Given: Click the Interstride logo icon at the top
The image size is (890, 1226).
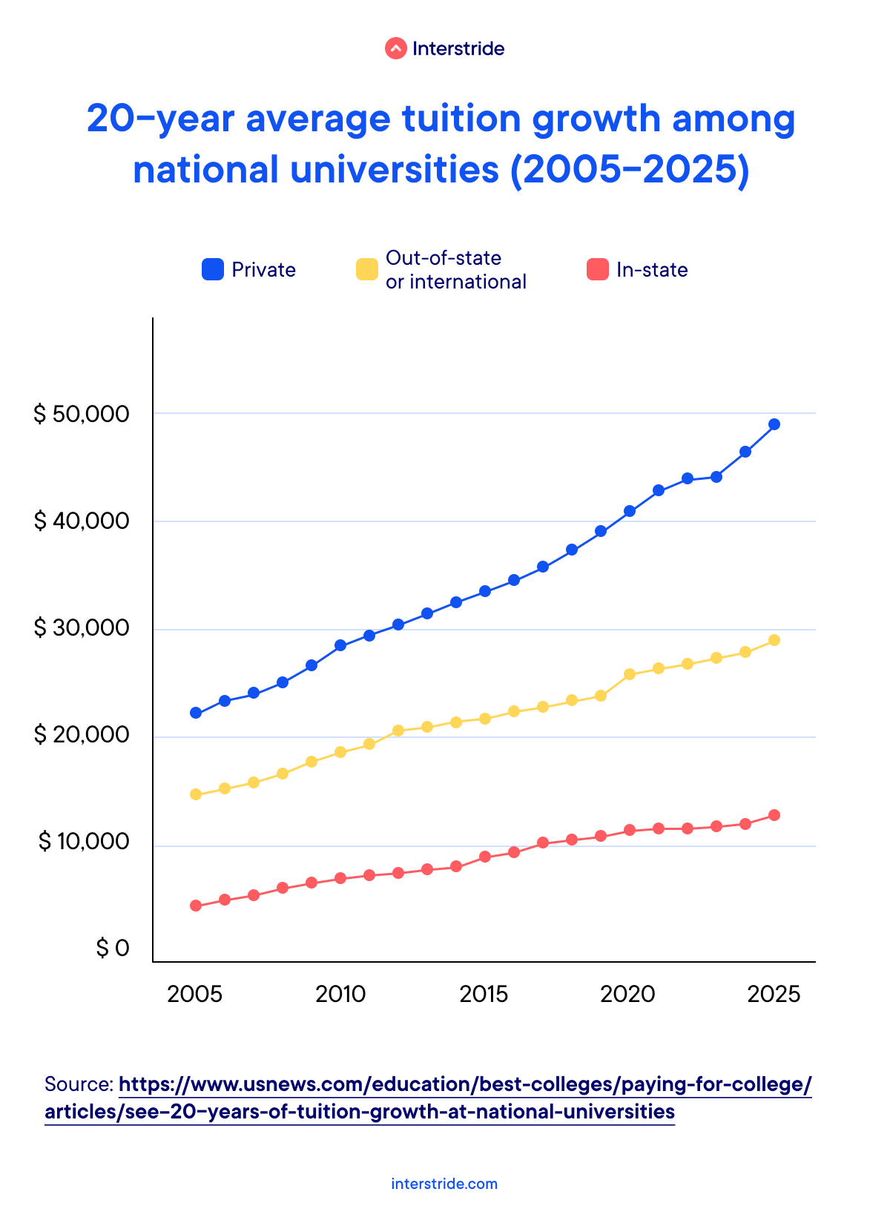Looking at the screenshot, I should pyautogui.click(x=395, y=49).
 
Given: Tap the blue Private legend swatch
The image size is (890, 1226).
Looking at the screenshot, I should pyautogui.click(x=213, y=269).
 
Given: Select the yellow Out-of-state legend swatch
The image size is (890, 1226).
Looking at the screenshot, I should pyautogui.click(x=367, y=269).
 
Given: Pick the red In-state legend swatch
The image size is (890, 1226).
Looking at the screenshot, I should pyautogui.click(x=598, y=269).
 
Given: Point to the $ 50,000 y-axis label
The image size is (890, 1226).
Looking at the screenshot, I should pyautogui.click(x=82, y=414).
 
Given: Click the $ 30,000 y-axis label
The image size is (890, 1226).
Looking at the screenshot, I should pyautogui.click(x=82, y=628).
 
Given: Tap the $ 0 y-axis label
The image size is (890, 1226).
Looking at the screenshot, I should pyautogui.click(x=113, y=949).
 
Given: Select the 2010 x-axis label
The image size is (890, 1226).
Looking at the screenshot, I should pyautogui.click(x=340, y=994).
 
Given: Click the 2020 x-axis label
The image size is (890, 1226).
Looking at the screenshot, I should pyautogui.click(x=628, y=994).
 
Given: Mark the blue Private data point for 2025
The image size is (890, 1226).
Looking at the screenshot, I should pyautogui.click(x=774, y=424).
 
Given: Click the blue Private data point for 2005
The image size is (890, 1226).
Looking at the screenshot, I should pyautogui.click(x=196, y=713).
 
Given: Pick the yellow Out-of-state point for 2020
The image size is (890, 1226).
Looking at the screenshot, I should pyautogui.click(x=630, y=674).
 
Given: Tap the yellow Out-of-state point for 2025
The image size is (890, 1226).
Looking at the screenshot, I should pyautogui.click(x=774, y=640).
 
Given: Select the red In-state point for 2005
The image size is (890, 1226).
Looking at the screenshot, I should pyautogui.click(x=196, y=906).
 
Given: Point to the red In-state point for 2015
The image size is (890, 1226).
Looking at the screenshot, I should pyautogui.click(x=485, y=857).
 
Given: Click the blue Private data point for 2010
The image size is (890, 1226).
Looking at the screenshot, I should pyautogui.click(x=340, y=645).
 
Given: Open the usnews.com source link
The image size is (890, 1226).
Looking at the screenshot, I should pyautogui.click(x=465, y=1085).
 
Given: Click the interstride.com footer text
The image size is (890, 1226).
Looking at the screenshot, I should pyautogui.click(x=444, y=1184).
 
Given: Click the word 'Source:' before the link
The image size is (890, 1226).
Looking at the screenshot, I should pyautogui.click(x=79, y=1085).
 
